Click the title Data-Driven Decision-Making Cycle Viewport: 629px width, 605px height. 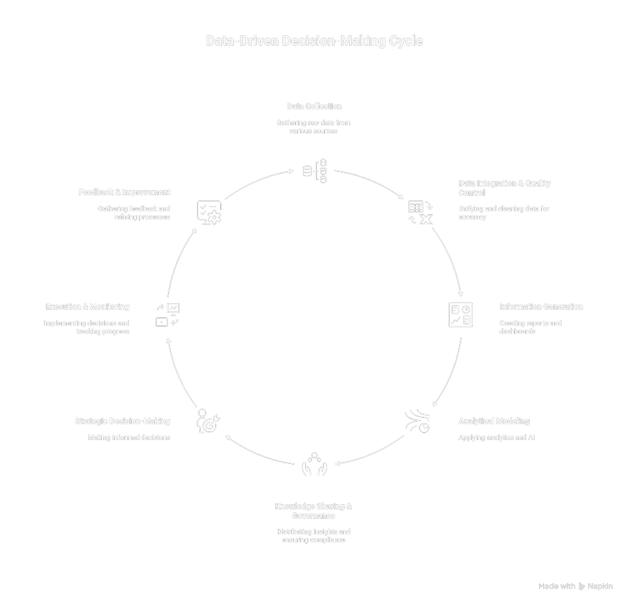[314, 42]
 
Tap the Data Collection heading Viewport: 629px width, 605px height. [314, 106]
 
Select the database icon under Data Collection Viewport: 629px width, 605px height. [315, 171]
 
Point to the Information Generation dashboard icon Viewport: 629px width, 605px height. [460, 315]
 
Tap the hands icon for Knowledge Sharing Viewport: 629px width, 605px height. [314, 463]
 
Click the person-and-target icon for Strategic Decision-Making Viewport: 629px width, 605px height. [209, 421]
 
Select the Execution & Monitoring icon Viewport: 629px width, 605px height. [167, 315]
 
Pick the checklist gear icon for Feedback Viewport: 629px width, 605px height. [209, 212]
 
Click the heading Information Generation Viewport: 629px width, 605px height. [541, 307]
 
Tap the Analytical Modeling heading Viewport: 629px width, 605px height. [494, 421]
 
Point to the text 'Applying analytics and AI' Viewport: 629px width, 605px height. [496, 437]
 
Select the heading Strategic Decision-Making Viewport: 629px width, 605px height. [123, 421]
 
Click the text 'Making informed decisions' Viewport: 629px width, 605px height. [129, 437]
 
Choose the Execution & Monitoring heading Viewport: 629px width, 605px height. [87, 307]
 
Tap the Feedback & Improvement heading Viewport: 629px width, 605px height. [125, 192]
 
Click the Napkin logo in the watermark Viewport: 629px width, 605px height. [582, 586]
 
